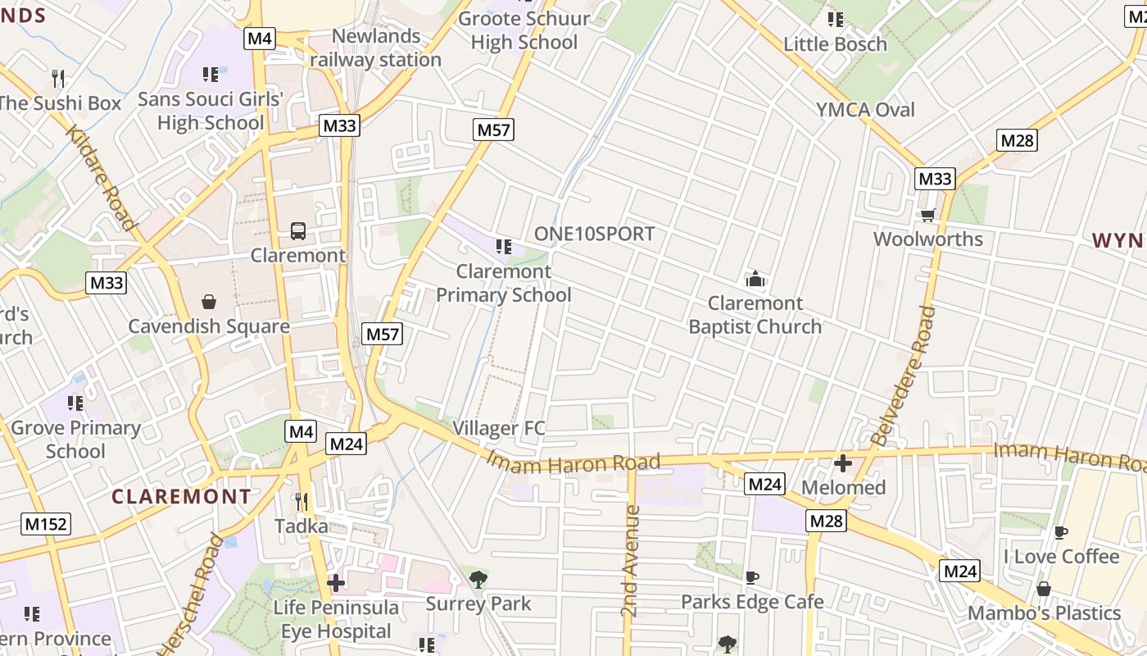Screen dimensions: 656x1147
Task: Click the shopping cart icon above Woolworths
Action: click(x=927, y=215)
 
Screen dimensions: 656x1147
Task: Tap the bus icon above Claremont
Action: click(x=298, y=231)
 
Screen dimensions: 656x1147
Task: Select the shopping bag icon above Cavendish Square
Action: click(x=209, y=302)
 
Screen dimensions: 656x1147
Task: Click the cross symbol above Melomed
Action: click(x=843, y=463)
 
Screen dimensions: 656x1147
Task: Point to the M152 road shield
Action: click(x=46, y=524)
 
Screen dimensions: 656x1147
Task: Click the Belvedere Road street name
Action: click(x=903, y=376)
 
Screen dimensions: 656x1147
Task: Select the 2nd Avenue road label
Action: click(x=630, y=561)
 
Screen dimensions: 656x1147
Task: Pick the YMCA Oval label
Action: click(x=865, y=110)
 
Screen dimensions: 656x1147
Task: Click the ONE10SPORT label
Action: click(x=595, y=234)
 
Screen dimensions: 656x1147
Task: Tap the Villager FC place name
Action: click(x=499, y=428)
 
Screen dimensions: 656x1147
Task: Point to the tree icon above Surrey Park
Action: click(x=478, y=580)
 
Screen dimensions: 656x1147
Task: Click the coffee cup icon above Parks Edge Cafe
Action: click(x=752, y=577)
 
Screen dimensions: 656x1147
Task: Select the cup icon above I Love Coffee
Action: click(x=1061, y=532)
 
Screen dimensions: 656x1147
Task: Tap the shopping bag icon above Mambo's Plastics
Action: click(x=1044, y=589)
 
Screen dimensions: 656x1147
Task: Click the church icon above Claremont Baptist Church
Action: click(x=755, y=279)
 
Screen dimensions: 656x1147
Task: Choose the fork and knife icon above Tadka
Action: click(x=301, y=501)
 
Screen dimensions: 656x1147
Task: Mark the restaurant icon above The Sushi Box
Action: click(x=58, y=79)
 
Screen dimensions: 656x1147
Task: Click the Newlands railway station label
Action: click(x=376, y=48)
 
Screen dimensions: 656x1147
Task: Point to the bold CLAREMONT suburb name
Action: click(x=181, y=497)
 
